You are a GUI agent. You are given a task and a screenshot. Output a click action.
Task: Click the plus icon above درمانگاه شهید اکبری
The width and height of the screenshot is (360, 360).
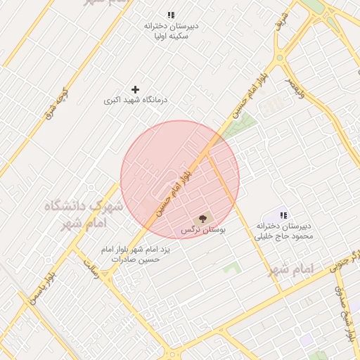pos(136,89)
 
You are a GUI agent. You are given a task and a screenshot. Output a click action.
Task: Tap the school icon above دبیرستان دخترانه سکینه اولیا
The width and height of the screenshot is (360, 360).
pos(171,15)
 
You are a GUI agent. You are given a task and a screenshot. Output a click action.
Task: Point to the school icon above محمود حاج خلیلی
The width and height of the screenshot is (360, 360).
pos(283,215)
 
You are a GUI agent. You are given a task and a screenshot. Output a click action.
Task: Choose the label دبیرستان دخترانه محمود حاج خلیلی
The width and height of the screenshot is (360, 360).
pos(283,231)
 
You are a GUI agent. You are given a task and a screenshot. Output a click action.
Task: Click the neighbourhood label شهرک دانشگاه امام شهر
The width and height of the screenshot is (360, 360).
pos(84,214)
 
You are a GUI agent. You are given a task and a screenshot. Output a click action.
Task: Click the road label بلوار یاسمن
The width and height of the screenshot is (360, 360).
pos(41,288)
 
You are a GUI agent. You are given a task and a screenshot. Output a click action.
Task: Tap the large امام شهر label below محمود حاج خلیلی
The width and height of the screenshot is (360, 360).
pos(290,269)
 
